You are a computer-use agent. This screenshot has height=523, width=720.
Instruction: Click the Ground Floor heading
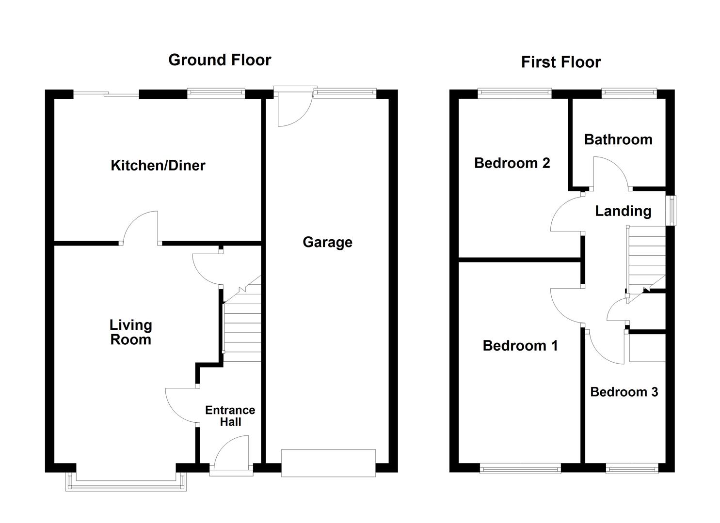click(x=219, y=60)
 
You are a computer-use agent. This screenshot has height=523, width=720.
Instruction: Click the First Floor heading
click(x=560, y=62)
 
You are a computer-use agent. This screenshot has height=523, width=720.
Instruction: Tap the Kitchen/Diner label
click(x=158, y=166)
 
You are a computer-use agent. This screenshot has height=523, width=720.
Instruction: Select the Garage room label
click(x=327, y=242)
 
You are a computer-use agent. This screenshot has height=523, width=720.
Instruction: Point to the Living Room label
click(x=130, y=332)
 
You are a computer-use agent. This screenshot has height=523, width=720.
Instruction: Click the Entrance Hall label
click(x=230, y=416)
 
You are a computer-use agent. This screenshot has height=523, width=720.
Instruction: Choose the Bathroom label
click(x=618, y=140)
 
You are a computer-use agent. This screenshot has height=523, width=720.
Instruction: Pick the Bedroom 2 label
click(x=512, y=163)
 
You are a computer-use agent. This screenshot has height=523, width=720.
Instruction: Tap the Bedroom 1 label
click(x=520, y=346)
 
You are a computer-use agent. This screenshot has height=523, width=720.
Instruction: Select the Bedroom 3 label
click(x=624, y=392)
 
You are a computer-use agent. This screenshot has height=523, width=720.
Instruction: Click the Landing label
click(x=623, y=211)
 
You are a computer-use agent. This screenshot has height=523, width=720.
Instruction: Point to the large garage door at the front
click(x=328, y=462)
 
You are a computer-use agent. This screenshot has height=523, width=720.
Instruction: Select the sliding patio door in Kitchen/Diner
click(x=106, y=94)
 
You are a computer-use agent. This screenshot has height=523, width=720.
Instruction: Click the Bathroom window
click(x=629, y=92)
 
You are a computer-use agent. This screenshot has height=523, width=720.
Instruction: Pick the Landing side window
click(x=671, y=210)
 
